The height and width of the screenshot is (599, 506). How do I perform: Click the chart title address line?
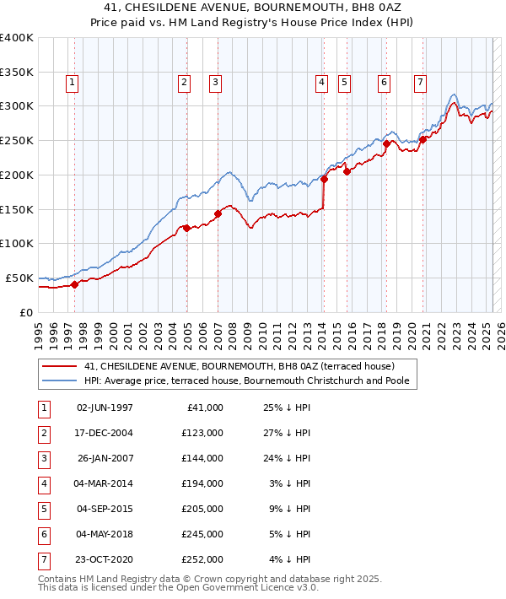point(253,8)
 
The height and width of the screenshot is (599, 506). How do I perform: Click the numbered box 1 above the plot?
point(73,83)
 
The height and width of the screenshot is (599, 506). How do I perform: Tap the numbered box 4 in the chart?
point(322,83)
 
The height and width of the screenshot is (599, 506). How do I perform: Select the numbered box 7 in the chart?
point(420,83)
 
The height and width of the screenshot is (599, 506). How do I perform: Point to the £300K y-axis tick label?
point(16,106)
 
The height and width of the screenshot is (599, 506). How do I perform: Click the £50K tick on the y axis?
point(19,278)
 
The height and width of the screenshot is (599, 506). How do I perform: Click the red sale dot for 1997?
point(74,284)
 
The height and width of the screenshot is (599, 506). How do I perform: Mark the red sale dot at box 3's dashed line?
point(218,213)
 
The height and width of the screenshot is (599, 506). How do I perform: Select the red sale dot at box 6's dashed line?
point(385,144)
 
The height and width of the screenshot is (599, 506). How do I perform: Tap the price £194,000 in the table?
point(204,483)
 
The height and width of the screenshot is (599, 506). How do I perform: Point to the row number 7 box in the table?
point(43,559)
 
